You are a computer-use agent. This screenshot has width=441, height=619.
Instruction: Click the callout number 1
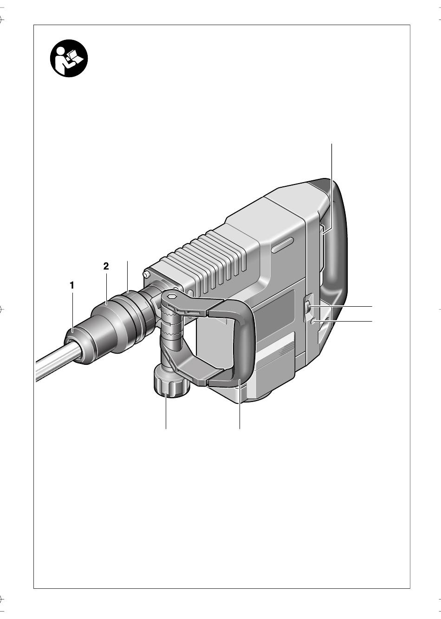point(72,285)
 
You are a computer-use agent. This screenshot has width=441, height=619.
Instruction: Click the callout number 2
point(106,266)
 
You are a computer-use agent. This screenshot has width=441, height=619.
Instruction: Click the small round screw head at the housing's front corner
point(147,275)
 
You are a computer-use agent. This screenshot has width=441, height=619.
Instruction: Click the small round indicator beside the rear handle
point(313,321)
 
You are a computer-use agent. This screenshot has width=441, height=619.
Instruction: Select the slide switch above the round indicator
point(307,308)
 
